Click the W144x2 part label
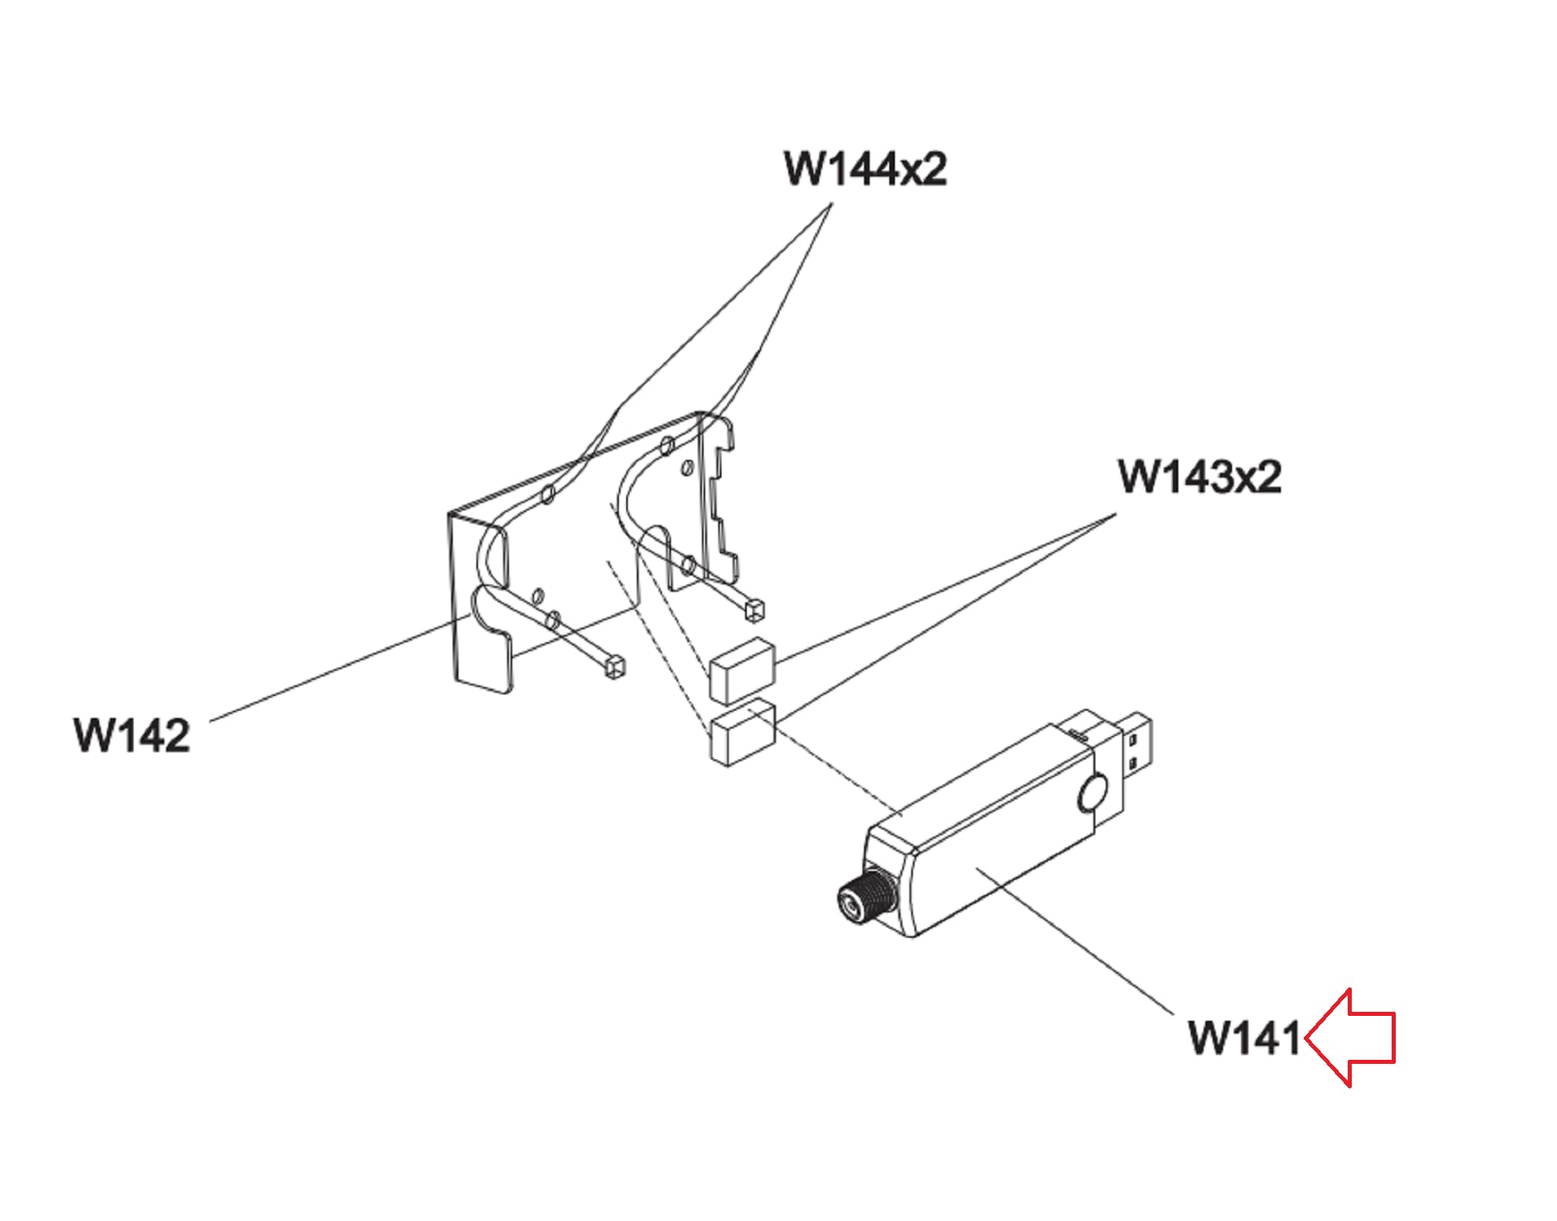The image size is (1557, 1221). coord(865,168)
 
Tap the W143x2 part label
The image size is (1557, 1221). coord(1200,476)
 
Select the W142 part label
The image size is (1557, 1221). coord(132,734)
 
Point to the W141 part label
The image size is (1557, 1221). coord(1245,1038)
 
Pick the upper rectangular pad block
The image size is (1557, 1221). coord(742,670)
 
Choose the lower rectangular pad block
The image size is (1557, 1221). coord(742,731)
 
